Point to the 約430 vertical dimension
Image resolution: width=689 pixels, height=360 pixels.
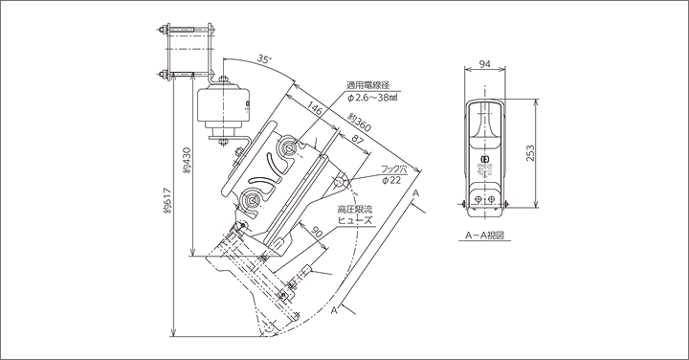click(x=185, y=157)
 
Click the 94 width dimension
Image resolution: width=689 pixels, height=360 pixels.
click(x=484, y=65)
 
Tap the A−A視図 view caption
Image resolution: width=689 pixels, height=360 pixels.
click(x=484, y=234)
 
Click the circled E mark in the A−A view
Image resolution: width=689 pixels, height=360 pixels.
click(x=484, y=159)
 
